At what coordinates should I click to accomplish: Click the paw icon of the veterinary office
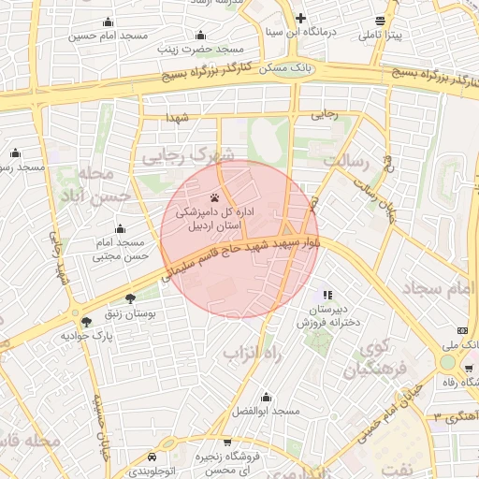[x=216, y=197]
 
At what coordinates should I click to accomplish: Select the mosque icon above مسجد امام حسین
[x=109, y=22]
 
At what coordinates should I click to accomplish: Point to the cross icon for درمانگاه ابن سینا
[x=299, y=18]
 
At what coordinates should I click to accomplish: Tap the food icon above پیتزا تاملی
[x=379, y=21]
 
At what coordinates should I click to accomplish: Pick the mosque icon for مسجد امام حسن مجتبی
[x=120, y=228]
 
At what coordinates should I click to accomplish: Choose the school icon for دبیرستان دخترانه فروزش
[x=327, y=295]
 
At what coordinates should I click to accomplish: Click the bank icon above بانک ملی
[x=462, y=330]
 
